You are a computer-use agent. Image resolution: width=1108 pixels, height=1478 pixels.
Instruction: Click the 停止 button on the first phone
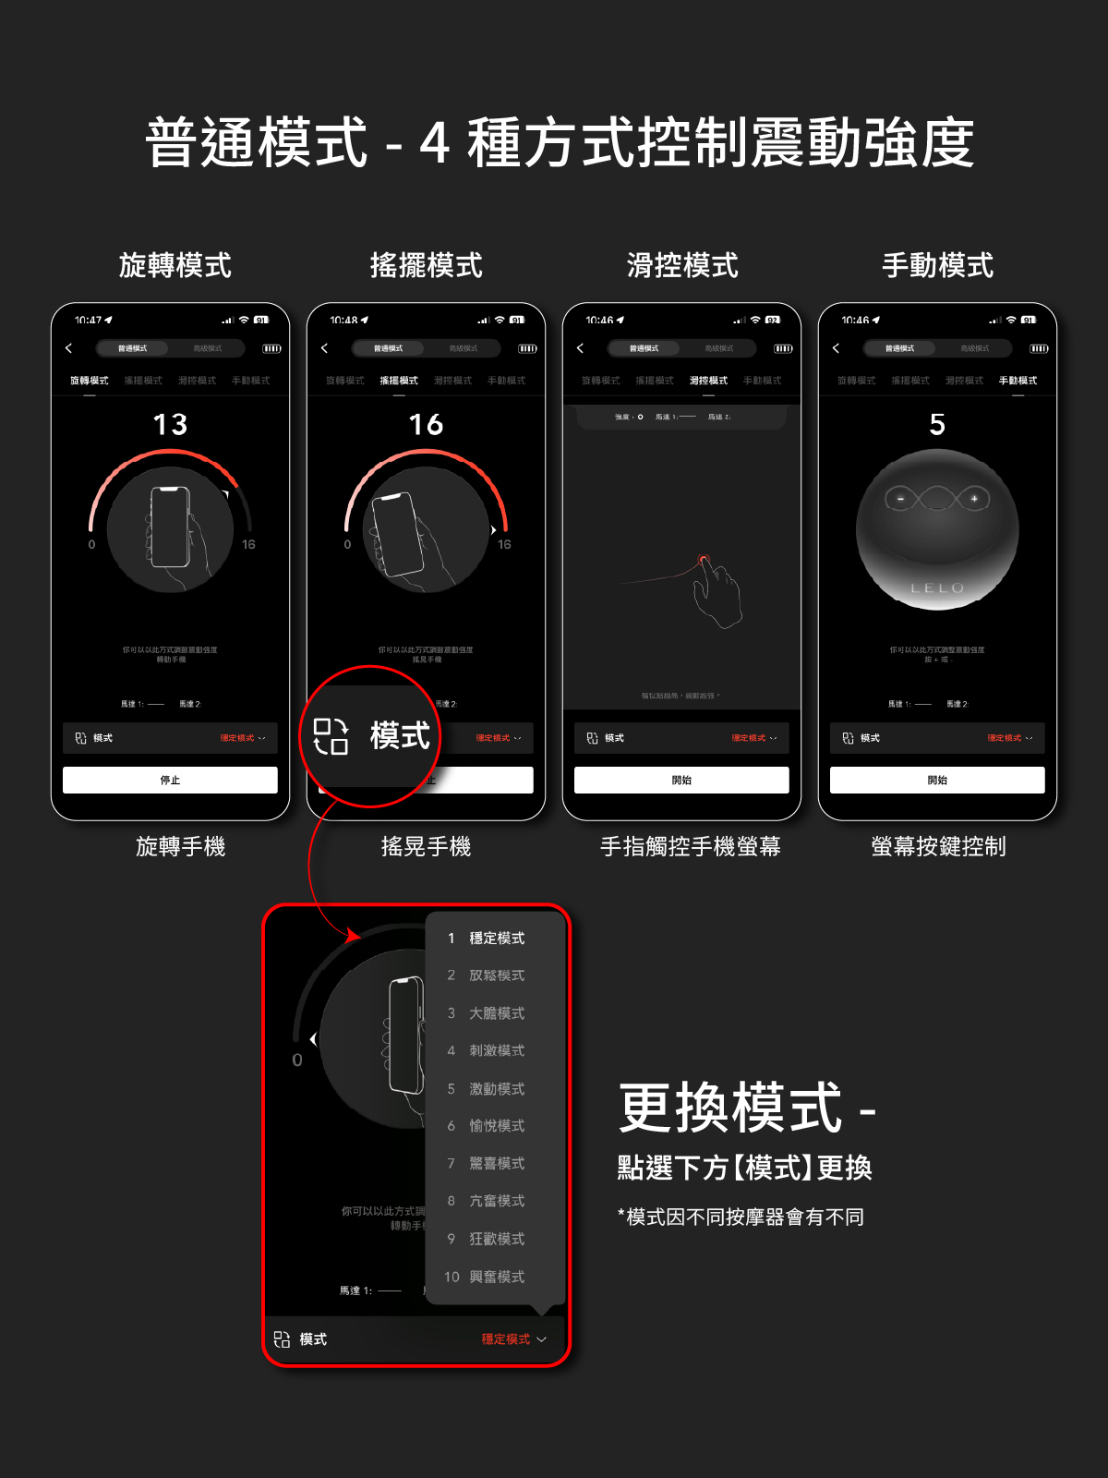[x=170, y=781]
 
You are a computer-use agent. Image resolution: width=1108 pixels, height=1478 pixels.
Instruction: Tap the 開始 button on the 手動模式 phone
[x=937, y=781]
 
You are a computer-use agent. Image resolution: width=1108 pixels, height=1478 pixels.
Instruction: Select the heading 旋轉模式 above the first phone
[x=175, y=266]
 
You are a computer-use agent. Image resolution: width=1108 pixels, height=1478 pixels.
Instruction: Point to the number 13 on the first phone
[x=171, y=425]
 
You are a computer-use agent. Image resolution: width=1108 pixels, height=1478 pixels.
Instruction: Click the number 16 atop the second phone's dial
[x=427, y=425]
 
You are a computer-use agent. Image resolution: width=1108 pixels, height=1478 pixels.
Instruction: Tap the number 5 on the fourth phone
[x=937, y=425]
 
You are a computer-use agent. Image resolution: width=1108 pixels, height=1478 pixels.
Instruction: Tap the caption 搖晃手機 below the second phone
[x=427, y=846]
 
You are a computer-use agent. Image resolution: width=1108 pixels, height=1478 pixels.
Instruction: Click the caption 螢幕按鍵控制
[x=938, y=846]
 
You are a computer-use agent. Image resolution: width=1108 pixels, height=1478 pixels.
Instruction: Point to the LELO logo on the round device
[x=937, y=588]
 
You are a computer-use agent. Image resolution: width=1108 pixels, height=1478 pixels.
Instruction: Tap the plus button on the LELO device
[x=973, y=499]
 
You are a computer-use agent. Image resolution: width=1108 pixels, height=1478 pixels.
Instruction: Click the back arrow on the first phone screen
[x=68, y=348]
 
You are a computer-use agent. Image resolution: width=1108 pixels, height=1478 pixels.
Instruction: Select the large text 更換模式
[x=729, y=1108]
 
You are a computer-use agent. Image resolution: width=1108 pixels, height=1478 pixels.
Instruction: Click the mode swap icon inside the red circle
[x=331, y=736]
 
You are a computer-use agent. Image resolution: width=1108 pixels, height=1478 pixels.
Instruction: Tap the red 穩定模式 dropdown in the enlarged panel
[x=513, y=1339]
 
